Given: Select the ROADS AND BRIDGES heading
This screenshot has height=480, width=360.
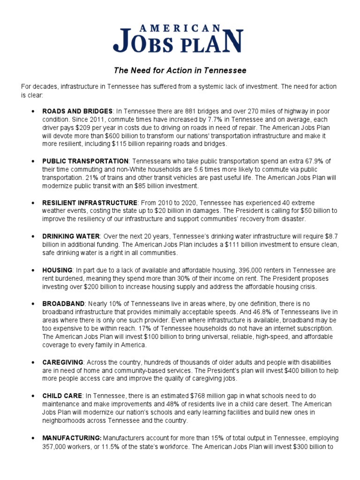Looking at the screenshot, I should (77, 111).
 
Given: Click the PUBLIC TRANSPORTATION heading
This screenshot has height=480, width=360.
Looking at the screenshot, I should (85, 161).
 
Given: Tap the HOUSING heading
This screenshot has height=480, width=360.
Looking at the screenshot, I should (57, 270).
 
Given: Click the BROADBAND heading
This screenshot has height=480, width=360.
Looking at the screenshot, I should (63, 304).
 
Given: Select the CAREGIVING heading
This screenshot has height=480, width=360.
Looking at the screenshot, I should (63, 362).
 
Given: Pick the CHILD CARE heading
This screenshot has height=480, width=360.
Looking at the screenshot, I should (62, 396).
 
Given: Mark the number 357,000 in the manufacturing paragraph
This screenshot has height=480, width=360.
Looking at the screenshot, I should (56, 447).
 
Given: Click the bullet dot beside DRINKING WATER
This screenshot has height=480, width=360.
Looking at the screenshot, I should (32, 237).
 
